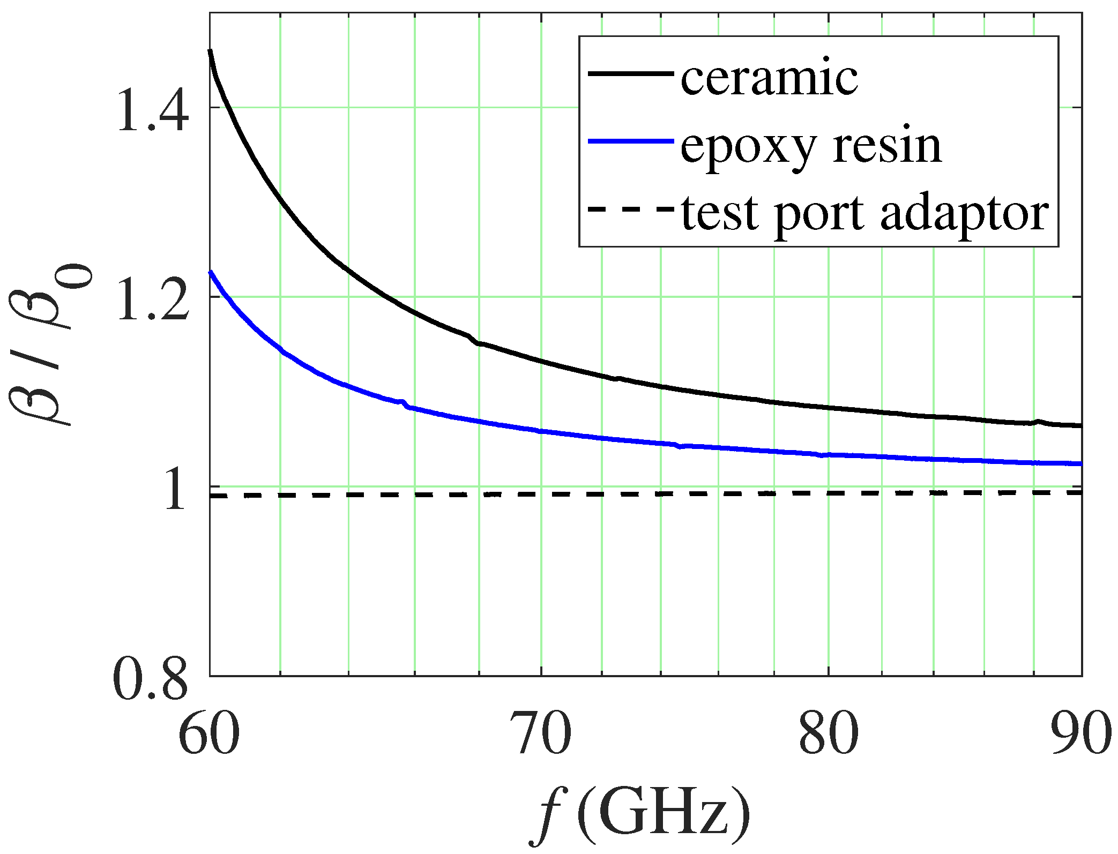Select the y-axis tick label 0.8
point(151,680)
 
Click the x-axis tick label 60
point(208,734)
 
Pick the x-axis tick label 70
point(542,734)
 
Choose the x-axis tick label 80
point(829,734)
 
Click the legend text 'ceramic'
point(770,78)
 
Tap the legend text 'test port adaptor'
point(864,213)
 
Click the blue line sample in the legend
point(630,141)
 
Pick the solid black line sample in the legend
point(630,73)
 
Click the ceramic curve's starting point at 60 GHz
point(210,51)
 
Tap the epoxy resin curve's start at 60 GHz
point(211,272)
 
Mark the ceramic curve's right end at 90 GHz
point(1080,425)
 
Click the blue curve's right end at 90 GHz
point(1080,463)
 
